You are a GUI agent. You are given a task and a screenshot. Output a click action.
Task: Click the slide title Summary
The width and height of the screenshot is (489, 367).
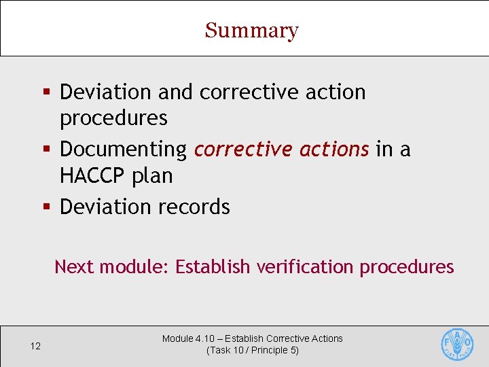[x=251, y=31]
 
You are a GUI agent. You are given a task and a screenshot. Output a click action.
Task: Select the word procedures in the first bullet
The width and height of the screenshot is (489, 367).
[x=113, y=118]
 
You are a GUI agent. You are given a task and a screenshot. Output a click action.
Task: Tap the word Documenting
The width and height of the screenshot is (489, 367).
[x=123, y=149]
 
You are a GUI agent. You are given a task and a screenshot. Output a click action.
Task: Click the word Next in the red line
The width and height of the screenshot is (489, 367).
[x=74, y=266]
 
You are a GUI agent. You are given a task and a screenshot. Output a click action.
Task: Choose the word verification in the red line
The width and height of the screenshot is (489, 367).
[x=304, y=266]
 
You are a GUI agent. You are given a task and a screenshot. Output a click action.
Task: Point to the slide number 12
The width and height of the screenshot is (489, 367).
[x=35, y=347]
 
